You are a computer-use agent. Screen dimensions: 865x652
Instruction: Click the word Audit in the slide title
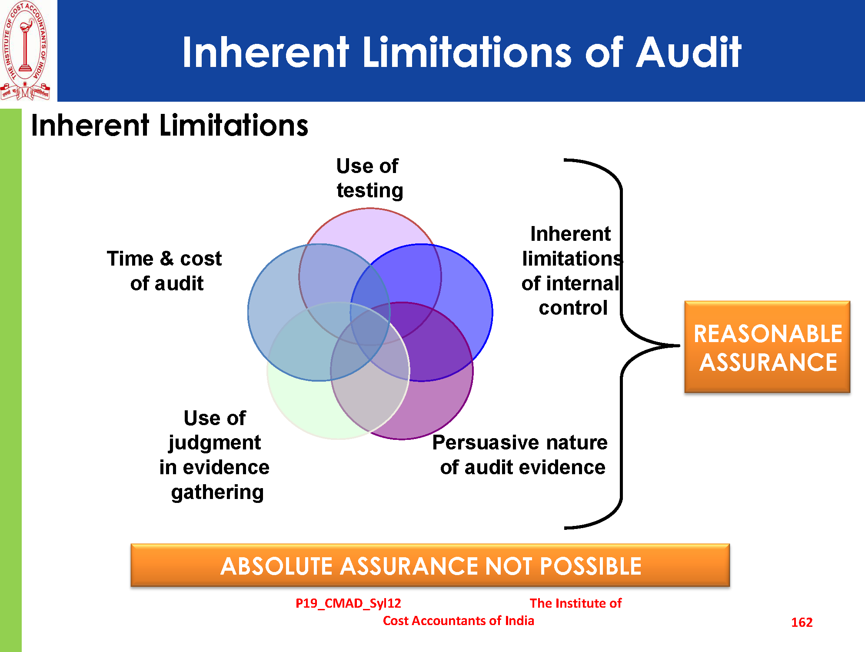click(x=689, y=53)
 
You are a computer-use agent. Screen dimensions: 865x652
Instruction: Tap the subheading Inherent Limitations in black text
click(x=170, y=126)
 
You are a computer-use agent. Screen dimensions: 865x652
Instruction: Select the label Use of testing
click(x=369, y=178)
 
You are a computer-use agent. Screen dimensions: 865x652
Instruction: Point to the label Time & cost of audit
click(x=165, y=271)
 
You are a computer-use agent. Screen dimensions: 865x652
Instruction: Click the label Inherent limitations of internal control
click(x=572, y=271)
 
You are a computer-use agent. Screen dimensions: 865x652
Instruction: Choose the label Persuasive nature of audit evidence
click(x=521, y=455)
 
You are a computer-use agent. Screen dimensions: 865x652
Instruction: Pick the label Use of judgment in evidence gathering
click(x=215, y=455)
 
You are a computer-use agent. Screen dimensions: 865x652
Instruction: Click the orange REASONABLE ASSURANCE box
click(x=767, y=347)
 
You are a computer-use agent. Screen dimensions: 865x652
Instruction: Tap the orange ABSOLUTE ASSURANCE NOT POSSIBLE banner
click(x=430, y=565)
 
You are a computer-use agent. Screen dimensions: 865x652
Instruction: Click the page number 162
click(x=802, y=622)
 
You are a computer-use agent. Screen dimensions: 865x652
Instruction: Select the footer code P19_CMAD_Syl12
click(x=348, y=603)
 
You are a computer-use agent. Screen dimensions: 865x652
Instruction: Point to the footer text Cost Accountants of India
click(x=459, y=621)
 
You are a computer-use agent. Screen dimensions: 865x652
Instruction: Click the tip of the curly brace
click(x=679, y=346)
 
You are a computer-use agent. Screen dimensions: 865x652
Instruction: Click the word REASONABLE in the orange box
click(x=768, y=334)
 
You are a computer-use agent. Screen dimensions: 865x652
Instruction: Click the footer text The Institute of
click(x=576, y=603)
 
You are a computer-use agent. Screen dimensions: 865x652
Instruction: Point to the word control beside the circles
click(x=573, y=308)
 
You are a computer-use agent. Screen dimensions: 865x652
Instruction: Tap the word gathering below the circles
click(x=217, y=493)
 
